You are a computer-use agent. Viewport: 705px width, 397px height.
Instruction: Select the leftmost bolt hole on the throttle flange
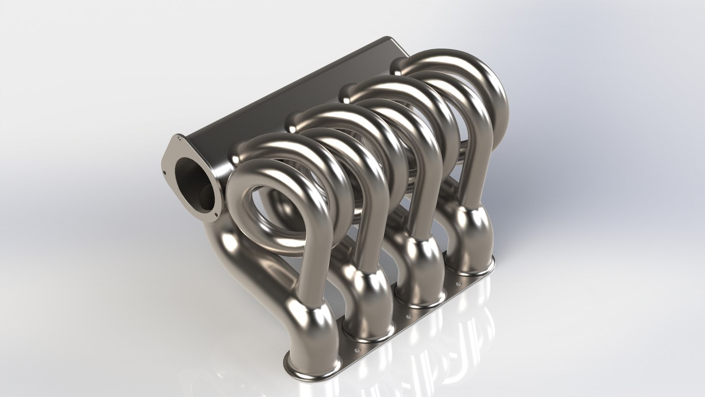click(164, 173)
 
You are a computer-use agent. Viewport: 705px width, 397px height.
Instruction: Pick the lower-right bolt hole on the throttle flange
click(217, 214)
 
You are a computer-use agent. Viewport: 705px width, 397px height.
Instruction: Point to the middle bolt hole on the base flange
click(409, 316)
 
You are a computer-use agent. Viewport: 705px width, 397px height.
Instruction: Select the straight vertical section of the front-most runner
click(310, 268)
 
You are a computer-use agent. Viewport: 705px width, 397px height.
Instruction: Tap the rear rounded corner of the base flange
click(491, 263)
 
